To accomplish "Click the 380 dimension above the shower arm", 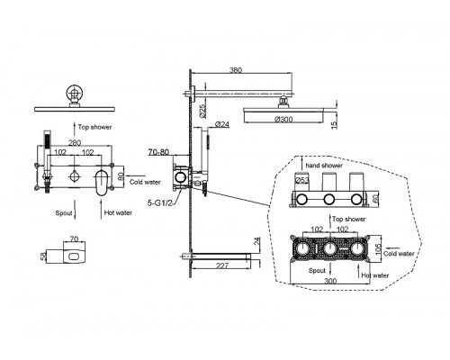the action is coord(236,70).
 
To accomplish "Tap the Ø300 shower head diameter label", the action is coord(283,120).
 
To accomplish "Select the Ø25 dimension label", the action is coord(202,111).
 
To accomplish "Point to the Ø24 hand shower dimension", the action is coord(222,124).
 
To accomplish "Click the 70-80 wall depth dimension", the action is coord(158,152).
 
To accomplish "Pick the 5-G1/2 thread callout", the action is coord(160,203).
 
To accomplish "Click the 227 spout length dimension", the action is coord(222,265).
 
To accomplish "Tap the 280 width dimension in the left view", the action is coord(75,143).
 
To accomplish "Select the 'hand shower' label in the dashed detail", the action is coord(324,166).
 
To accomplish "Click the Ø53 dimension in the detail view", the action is coord(302,180).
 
